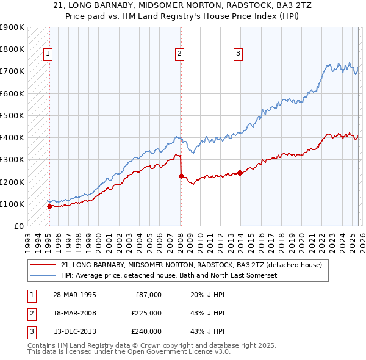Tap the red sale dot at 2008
(181, 176)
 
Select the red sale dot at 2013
(240, 173)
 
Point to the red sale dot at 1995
(49, 207)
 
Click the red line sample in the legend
(44, 265)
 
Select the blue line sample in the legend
(44, 275)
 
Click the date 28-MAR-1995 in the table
(74, 295)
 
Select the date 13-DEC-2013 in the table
(74, 331)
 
